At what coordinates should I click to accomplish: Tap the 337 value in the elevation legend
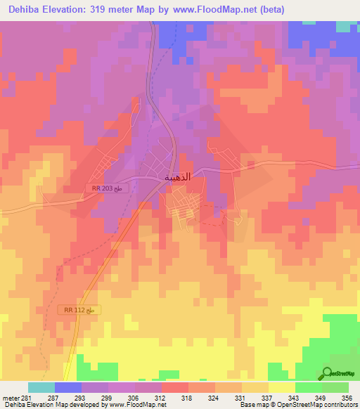click(x=255, y=397)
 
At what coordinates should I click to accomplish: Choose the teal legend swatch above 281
click(x=41, y=387)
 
